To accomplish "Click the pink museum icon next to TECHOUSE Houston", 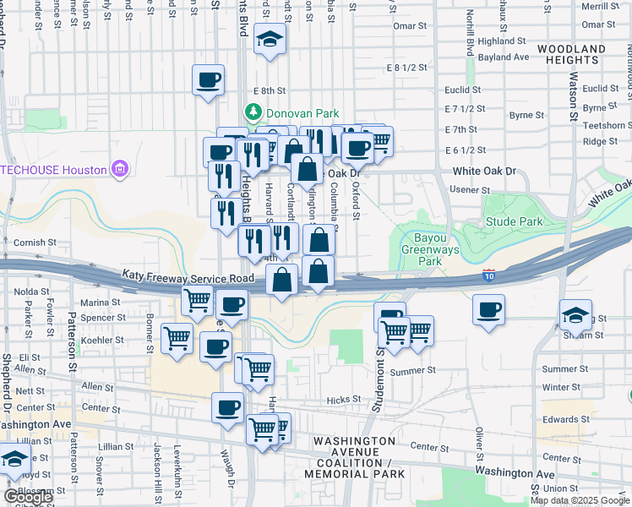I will (120, 169).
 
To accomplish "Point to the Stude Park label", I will (514, 222).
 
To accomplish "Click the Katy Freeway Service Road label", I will (188, 277).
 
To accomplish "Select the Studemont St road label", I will (381, 363).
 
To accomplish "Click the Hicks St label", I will (344, 399).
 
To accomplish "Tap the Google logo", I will (29, 497).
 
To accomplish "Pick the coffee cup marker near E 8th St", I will (208, 81).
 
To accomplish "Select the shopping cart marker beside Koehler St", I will (177, 339).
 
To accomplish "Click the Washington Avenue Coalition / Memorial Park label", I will (353, 457).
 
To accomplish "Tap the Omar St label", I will (409, 26).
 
